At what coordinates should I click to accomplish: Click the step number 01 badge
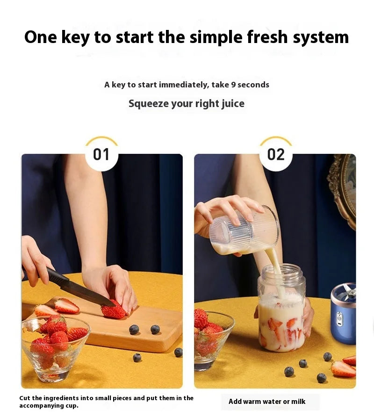tap(101, 154)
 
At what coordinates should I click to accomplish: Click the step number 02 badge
tap(276, 154)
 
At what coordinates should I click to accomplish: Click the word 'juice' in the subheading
tap(233, 103)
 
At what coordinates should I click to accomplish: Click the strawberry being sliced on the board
tap(114, 310)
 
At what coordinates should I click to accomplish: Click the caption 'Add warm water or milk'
tap(267, 402)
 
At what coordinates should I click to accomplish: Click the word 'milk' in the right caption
tap(298, 402)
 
